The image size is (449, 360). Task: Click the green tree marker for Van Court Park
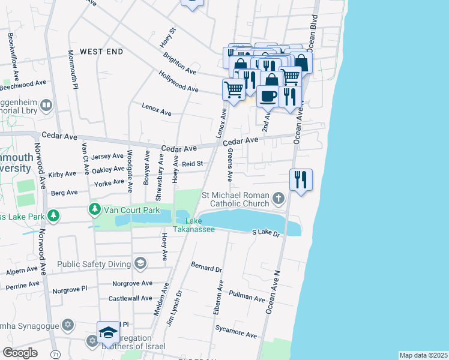(x=94, y=209)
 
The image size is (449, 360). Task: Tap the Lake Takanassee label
(x=194, y=225)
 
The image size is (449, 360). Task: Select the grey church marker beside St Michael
(x=278, y=197)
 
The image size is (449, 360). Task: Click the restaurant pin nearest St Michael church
(x=301, y=180)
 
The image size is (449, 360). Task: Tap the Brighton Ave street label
(x=179, y=62)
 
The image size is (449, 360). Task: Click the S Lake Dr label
(x=266, y=232)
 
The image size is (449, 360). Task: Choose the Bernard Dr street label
(x=206, y=267)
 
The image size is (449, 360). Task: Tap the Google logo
(x=20, y=352)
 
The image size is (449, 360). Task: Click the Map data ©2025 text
(x=423, y=355)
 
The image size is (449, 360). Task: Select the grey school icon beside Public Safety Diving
(x=140, y=263)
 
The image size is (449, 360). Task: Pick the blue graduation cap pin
(x=108, y=332)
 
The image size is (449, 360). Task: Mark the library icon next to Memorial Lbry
(x=46, y=106)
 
